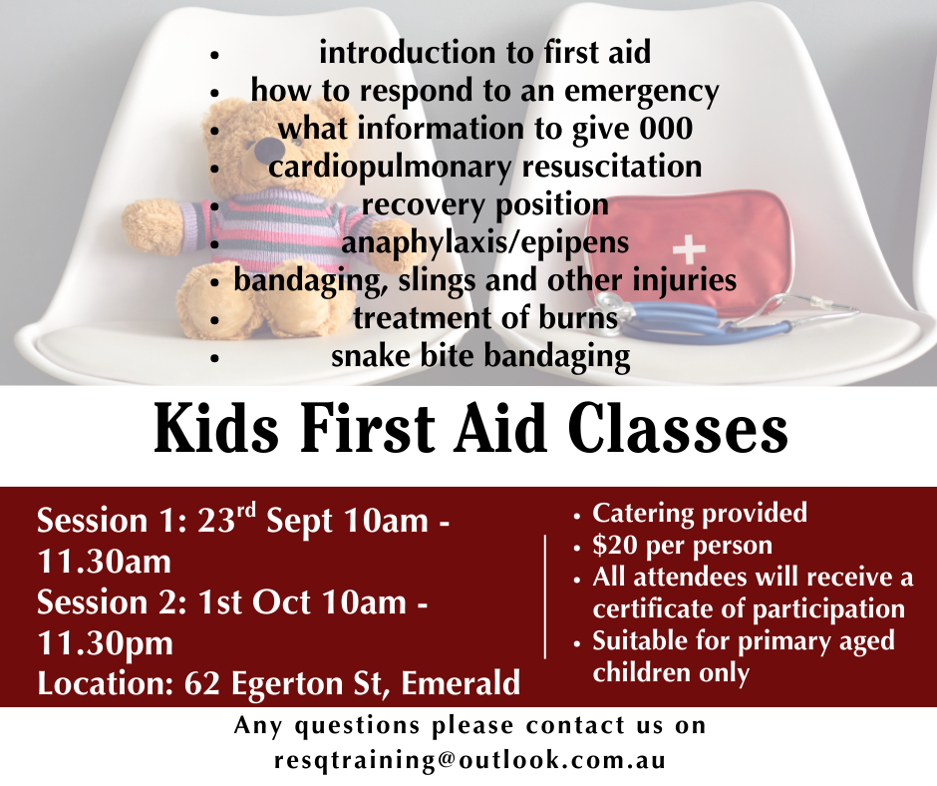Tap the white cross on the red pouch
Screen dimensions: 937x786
(x=689, y=248)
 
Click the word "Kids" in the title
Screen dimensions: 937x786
(x=216, y=429)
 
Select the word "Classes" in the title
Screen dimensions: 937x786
(x=678, y=429)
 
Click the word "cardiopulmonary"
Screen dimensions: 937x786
(x=390, y=167)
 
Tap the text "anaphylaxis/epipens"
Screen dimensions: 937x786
(x=485, y=242)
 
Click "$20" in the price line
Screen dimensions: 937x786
(x=614, y=545)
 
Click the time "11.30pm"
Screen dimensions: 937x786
(x=106, y=643)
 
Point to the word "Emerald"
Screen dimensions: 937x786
(x=461, y=683)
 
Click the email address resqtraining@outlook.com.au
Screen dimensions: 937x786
(x=469, y=760)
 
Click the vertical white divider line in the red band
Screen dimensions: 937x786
(x=545, y=596)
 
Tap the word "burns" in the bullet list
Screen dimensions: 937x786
(x=578, y=318)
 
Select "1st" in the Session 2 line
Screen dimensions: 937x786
(x=218, y=601)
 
